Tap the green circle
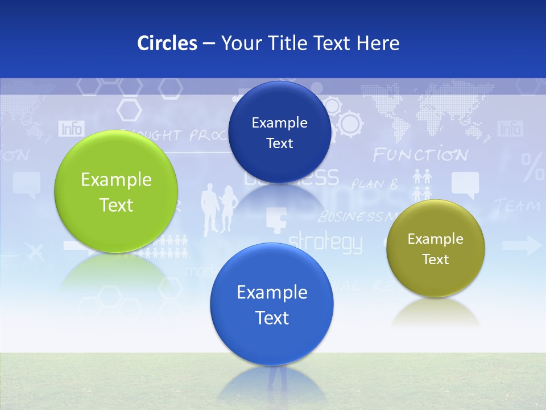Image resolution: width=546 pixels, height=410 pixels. tap(116, 191)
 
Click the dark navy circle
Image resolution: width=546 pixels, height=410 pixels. tap(279, 132)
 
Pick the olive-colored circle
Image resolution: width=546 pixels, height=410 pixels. tap(435, 248)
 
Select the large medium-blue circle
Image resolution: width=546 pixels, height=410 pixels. tap(272, 304)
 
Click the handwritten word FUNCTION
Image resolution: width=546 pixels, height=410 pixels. tap(420, 155)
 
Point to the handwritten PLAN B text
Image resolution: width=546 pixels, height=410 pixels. tap(374, 184)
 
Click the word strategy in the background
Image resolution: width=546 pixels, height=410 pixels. tap(325, 242)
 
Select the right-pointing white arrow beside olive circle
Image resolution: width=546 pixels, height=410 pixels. tap(522, 246)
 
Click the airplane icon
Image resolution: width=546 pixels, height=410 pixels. tap(35, 251)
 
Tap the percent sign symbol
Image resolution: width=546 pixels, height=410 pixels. tap(533, 166)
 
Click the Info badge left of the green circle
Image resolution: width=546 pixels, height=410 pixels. tap(71, 129)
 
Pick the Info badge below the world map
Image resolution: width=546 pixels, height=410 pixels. tap(510, 129)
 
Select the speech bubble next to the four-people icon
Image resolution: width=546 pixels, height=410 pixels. tap(465, 184)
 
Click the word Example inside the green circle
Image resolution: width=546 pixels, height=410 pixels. tap(116, 179)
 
